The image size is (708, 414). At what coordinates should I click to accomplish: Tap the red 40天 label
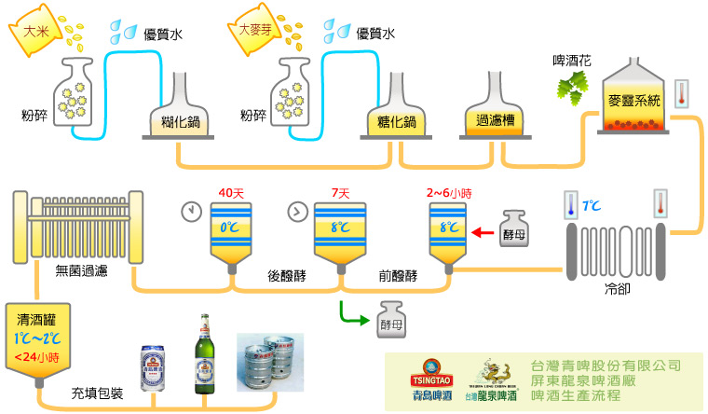230,194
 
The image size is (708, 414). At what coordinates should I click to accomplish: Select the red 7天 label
340,194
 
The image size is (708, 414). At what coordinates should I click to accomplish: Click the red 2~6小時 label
448,194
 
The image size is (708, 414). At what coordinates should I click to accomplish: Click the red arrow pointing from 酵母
483,233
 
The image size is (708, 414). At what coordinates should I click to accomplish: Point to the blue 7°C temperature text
592,203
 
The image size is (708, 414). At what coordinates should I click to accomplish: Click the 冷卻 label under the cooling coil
617,289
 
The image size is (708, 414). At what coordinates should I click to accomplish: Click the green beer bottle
203,354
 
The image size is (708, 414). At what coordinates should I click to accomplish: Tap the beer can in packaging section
154,368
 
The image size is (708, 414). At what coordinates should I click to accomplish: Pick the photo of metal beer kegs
271,364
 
